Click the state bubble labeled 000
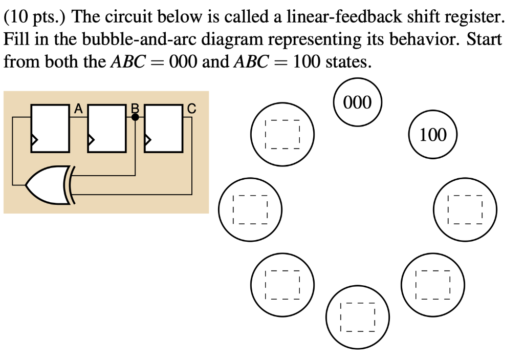tap(358, 102)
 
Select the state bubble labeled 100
tap(433, 135)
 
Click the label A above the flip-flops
tap(78, 108)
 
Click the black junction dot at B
tap(135, 117)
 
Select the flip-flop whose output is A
tap(50, 128)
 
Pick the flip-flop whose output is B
tap(107, 128)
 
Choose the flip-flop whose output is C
tap(164, 128)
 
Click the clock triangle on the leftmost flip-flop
tap(34, 139)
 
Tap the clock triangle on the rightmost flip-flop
tap(148, 139)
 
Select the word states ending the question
tap(345, 62)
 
